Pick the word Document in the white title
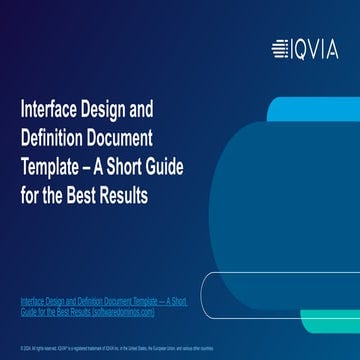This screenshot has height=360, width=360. pyautogui.click(x=130, y=136)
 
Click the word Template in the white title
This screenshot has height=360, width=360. pyautogui.click(x=54, y=165)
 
